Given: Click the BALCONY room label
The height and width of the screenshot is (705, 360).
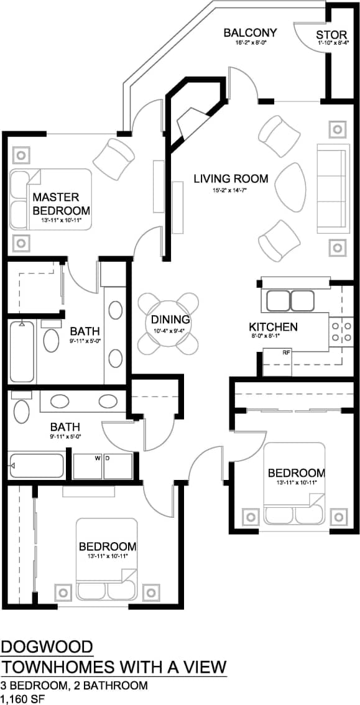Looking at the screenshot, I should pos(250,32).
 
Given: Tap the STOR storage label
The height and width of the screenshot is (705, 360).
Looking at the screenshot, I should pos(331,34).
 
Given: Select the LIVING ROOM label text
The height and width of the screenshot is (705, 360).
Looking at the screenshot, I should pos(231,179).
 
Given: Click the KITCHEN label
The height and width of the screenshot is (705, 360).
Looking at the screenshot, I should pos(273,327).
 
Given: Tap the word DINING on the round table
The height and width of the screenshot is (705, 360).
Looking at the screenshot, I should pos(170,320).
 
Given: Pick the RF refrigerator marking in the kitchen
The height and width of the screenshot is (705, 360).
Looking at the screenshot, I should pos(286,352).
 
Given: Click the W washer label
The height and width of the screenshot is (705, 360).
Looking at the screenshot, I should pos(98,458).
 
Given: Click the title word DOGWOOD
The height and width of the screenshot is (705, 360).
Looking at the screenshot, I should pos(47,648).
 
